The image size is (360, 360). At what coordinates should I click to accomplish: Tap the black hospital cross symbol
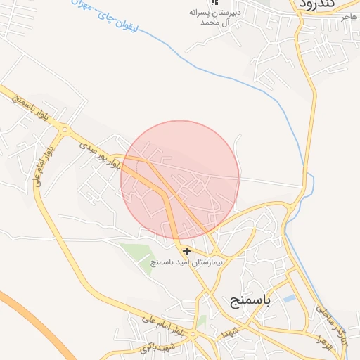pos(186,251)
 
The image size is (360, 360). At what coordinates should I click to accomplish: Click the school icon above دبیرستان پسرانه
pos(214,4)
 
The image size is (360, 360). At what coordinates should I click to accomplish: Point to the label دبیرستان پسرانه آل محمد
pos(210,18)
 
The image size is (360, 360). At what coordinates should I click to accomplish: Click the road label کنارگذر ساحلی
pos(330,318)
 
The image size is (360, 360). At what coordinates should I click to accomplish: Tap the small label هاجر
pos(349,17)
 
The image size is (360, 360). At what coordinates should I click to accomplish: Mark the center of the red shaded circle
pos(180,180)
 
